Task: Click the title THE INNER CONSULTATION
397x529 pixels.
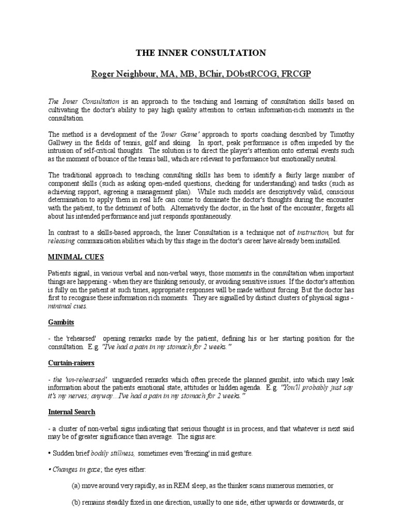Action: pos(201,53)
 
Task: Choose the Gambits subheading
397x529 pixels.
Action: pos(61,322)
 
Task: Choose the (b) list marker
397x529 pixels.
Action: pos(76,503)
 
